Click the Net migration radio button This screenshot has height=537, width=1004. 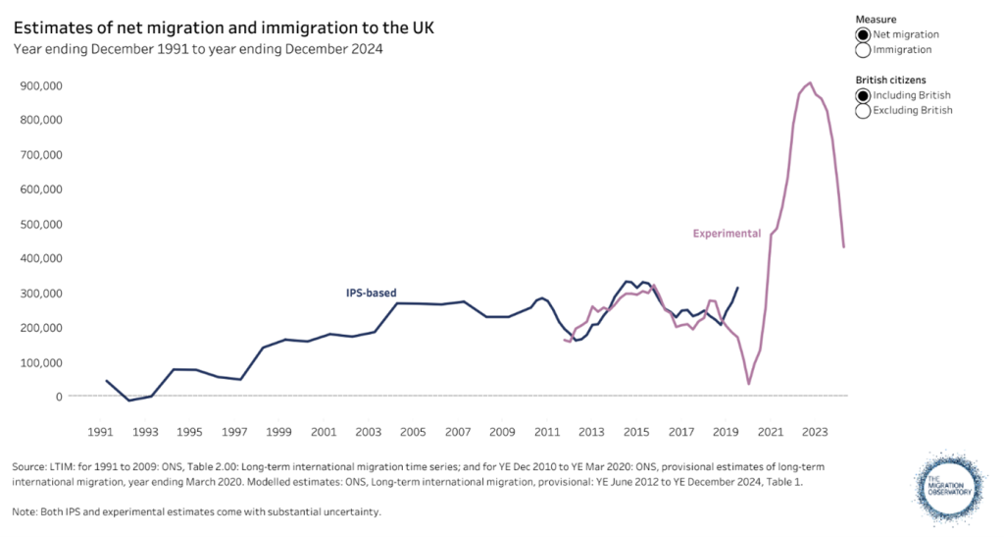point(863,34)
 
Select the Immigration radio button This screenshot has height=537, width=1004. point(863,49)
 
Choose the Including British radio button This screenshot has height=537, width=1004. point(863,95)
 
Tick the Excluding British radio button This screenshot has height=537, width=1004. point(863,110)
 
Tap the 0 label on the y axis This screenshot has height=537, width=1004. point(60,397)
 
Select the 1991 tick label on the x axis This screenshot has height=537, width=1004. point(100,432)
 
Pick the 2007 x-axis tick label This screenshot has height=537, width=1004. point(457,432)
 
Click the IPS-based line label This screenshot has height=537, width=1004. point(371,293)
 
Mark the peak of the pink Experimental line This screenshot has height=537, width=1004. point(810,82)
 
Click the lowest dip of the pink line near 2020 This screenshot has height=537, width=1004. point(749,384)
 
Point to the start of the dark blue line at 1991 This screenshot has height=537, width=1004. point(106,380)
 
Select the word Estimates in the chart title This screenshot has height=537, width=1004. point(50,27)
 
